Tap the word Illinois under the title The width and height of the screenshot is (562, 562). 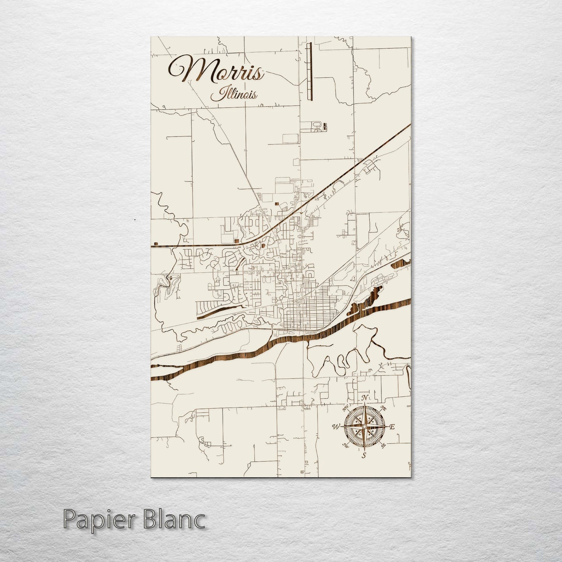click(x=233, y=94)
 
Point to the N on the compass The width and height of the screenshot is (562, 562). click(x=364, y=397)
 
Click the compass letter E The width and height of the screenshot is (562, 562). click(x=392, y=427)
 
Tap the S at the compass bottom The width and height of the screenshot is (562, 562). click(x=364, y=455)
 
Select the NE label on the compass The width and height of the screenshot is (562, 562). click(x=384, y=408)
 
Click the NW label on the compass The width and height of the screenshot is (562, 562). click(x=345, y=408)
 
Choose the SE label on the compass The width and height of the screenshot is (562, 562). click(x=383, y=445)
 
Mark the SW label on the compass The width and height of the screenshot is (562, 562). click(x=345, y=445)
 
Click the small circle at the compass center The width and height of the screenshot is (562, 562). click(x=364, y=427)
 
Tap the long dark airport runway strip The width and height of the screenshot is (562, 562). click(x=309, y=72)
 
